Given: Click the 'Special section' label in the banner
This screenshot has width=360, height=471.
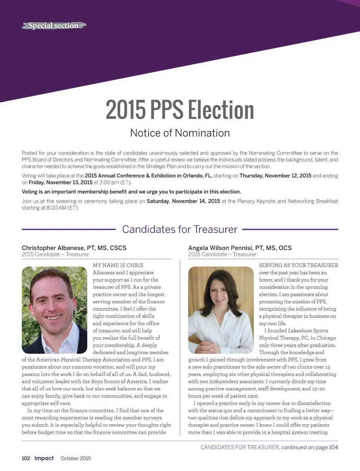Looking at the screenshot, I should pyautogui.click(x=53, y=26).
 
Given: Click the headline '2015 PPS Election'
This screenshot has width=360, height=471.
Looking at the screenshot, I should pyautogui.click(x=180, y=110).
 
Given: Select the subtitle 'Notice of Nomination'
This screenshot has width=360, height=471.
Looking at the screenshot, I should pyautogui.click(x=180, y=133).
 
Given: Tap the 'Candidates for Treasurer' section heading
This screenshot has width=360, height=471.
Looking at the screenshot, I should pyautogui.click(x=180, y=229).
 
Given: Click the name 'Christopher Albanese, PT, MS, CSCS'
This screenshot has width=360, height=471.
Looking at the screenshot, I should pyautogui.click(x=74, y=248).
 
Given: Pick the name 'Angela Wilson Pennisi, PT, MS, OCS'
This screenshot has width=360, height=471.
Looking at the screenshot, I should pyautogui.click(x=240, y=248).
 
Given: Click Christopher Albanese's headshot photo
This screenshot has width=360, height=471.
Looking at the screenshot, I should pyautogui.click(x=54, y=310).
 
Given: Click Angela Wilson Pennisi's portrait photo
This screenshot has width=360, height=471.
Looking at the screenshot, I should pyautogui.click(x=221, y=310).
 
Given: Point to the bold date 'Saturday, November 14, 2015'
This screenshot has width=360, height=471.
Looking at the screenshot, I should pyautogui.click(x=183, y=201).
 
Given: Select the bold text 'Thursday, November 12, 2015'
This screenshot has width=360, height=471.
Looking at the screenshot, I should pyautogui.click(x=275, y=176).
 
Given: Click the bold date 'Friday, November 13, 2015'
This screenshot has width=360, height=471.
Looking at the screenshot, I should pyautogui.click(x=60, y=182).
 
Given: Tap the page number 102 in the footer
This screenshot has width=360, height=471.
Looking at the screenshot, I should pyautogui.click(x=26, y=458).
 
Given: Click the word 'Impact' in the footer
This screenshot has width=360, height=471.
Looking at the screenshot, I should pyautogui.click(x=44, y=458).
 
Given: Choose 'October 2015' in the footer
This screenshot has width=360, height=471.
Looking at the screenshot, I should pyautogui.click(x=76, y=458).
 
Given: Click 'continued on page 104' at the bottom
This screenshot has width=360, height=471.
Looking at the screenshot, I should pyautogui.click(x=310, y=447).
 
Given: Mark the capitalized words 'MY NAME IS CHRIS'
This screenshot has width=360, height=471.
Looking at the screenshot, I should pyautogui.click(x=118, y=266).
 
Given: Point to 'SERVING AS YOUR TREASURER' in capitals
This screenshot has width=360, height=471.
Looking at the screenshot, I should pyautogui.click(x=298, y=266).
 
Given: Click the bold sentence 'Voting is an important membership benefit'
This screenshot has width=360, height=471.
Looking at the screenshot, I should pyautogui.click(x=131, y=192).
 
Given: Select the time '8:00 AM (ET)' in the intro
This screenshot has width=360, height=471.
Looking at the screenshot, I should pyautogui.click(x=62, y=208).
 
